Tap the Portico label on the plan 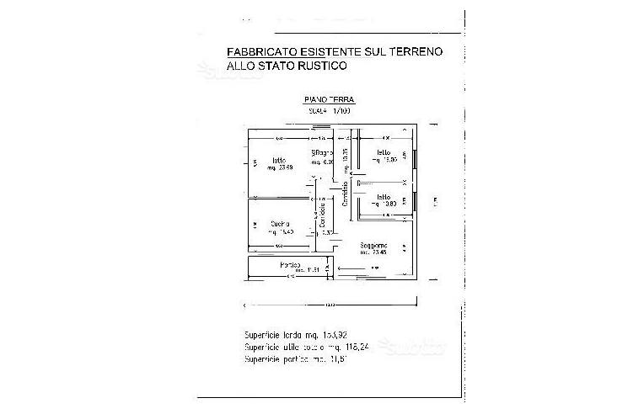[x=292, y=265]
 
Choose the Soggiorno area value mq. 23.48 [x=375, y=252]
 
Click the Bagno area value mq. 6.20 [x=323, y=161]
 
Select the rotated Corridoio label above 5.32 [x=324, y=215]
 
